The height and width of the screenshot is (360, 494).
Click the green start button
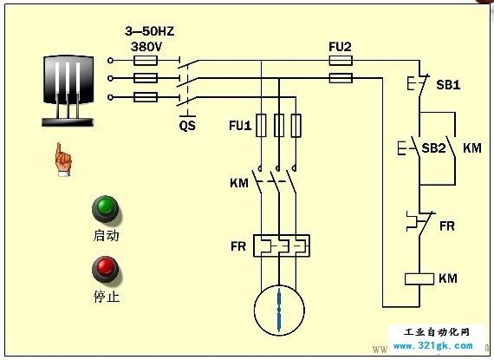point(105,209)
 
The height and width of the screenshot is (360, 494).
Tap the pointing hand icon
point(63,160)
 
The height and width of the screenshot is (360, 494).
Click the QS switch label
point(187,126)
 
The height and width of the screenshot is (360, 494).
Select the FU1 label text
point(240,126)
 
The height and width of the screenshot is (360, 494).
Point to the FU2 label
point(340,47)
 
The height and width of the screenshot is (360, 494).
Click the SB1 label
point(448,84)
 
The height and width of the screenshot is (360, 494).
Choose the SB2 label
point(433,147)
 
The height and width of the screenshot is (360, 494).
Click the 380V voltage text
point(146,47)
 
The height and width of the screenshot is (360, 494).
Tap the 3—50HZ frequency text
point(150,31)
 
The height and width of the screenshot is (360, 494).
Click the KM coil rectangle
point(419,279)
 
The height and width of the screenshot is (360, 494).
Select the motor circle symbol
point(279,311)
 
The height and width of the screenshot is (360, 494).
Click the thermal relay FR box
point(282,245)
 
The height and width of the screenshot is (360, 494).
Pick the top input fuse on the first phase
point(146,60)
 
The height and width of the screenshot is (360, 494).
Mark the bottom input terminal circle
point(110,97)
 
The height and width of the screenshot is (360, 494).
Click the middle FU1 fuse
point(279,126)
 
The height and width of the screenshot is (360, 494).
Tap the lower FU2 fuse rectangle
point(341,78)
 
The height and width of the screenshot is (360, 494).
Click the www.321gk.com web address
point(432,346)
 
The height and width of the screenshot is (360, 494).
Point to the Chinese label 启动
point(107,235)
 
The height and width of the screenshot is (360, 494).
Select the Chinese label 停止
point(107,297)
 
